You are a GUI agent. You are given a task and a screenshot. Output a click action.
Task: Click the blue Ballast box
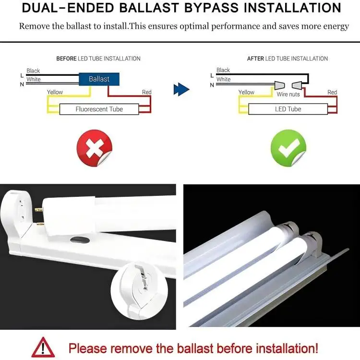click(99, 79)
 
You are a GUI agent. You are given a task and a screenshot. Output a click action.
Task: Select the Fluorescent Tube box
click(99, 109)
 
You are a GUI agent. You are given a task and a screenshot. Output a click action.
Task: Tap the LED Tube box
click(288, 109)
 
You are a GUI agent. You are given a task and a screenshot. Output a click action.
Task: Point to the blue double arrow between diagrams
click(181, 89)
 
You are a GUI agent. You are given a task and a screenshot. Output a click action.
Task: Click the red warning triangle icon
click(43, 347)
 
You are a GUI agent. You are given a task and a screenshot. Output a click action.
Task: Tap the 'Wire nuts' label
click(288, 94)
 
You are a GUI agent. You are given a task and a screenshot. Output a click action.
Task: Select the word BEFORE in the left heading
click(66, 59)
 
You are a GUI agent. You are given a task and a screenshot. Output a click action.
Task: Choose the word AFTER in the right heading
click(255, 59)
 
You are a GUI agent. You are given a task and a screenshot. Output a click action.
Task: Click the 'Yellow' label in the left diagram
click(55, 92)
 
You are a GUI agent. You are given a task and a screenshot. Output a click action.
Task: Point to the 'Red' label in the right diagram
click(332, 92)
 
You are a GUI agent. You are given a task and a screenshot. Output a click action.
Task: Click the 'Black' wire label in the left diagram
click(33, 71)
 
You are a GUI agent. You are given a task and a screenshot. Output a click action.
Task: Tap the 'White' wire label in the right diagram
click(223, 79)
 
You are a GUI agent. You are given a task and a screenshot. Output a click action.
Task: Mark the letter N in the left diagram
click(22, 84)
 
